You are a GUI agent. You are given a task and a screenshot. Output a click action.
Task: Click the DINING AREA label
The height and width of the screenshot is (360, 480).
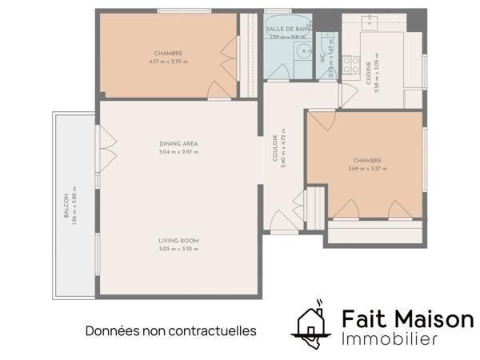point(178,143)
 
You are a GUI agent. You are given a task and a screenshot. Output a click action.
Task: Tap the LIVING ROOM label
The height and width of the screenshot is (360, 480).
point(178,241)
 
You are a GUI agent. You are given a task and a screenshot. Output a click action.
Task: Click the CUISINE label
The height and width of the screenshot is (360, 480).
point(369,74)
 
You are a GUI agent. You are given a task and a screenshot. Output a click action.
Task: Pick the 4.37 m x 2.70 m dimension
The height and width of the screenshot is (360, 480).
point(169,62)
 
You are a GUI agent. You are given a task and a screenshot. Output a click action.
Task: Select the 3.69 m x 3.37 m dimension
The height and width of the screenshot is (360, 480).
point(367,169)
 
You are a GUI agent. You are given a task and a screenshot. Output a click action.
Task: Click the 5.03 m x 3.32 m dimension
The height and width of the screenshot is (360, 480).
point(178,249)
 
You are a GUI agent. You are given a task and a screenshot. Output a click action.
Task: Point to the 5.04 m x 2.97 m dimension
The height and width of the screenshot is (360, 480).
point(178,152)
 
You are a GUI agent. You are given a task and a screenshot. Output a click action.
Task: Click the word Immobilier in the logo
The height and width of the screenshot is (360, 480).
point(390,339)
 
